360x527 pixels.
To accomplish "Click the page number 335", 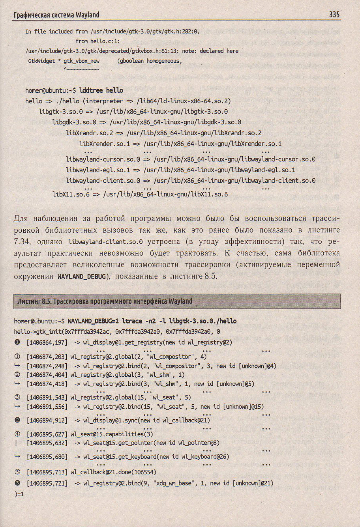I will click(x=334, y=15).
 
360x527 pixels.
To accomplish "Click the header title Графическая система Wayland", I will click(x=56, y=15).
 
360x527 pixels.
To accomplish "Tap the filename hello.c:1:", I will click(x=98, y=41).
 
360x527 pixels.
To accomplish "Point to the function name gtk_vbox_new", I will click(x=82, y=61).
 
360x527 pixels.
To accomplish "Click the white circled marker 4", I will click(x=17, y=434).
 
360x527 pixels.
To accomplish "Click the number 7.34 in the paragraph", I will click(x=22, y=241).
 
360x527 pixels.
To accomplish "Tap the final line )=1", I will click(x=19, y=493).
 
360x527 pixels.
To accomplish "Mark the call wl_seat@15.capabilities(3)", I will click(x=112, y=434).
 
